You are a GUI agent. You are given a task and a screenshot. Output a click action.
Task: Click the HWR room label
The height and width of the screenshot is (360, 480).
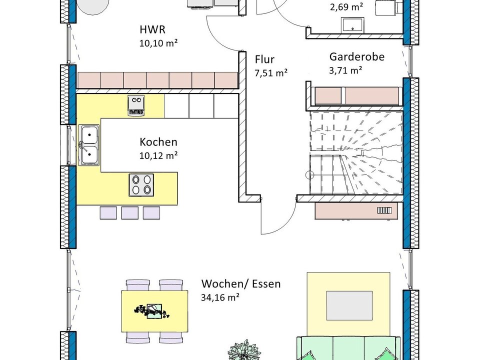click(x=152, y=29)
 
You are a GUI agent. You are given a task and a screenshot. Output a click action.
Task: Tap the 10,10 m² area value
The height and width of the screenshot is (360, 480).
click(x=158, y=43)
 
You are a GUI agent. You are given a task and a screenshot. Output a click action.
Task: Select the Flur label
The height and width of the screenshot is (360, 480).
click(x=265, y=59)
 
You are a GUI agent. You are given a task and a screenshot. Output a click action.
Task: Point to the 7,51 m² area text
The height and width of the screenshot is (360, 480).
click(x=271, y=73)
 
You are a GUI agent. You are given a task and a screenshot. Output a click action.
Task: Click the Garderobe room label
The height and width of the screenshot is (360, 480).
click(x=357, y=56)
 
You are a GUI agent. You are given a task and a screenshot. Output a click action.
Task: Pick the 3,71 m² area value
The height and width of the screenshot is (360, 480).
click(x=345, y=70)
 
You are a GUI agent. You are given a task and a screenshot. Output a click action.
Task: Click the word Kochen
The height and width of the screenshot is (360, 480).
click(x=158, y=142)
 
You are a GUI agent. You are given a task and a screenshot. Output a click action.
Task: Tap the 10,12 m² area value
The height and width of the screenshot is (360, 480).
click(x=158, y=155)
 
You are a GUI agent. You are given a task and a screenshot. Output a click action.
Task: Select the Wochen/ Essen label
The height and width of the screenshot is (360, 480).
click(x=241, y=284)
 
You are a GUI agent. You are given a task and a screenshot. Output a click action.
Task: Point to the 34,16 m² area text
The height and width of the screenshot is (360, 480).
click(x=220, y=297)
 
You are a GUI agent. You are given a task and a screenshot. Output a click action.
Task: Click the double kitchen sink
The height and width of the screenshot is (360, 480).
click(x=89, y=145)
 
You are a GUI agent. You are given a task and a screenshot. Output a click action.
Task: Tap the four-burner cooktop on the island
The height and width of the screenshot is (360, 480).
click(x=141, y=185)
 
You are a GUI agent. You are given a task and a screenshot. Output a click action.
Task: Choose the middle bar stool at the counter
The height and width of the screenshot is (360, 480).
click(x=130, y=213)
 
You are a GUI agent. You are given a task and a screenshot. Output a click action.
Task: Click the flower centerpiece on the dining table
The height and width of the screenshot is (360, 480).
click(x=151, y=311)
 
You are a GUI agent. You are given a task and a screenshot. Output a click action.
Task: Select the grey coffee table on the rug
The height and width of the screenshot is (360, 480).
click(x=349, y=306)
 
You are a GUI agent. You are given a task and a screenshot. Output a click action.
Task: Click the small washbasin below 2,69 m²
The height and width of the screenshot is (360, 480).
click(x=352, y=24)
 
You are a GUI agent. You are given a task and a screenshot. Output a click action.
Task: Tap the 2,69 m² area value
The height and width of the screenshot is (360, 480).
click(x=346, y=6)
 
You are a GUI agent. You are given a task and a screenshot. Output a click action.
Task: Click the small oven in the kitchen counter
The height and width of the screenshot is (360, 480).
click(x=136, y=105)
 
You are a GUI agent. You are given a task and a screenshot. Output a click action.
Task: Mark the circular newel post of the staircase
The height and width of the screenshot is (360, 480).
click(x=310, y=175)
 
